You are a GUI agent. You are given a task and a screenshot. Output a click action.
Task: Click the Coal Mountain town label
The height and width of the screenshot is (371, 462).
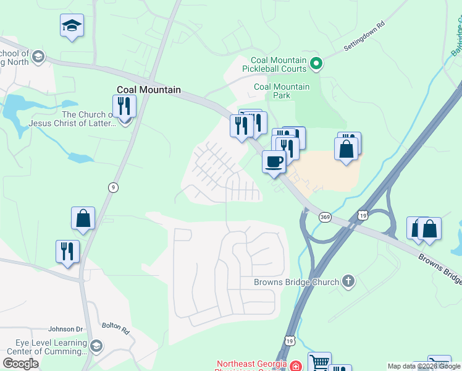tap(149, 90)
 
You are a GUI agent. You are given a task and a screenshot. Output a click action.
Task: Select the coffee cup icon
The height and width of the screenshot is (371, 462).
tap(274, 162)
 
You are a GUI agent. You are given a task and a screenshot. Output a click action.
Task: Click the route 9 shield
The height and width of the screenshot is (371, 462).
tap(112, 187)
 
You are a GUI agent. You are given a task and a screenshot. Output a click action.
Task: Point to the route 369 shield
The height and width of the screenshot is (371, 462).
tap(325, 216)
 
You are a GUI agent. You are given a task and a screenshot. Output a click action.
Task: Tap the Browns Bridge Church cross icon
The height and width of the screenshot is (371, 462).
tap(348, 282)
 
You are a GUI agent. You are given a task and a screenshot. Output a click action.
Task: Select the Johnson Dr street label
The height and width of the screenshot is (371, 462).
tap(65, 329)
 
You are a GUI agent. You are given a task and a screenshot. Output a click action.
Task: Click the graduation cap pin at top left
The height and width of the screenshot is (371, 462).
tap(72, 26)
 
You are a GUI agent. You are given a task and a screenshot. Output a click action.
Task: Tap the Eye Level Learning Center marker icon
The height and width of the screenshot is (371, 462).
tap(96, 346)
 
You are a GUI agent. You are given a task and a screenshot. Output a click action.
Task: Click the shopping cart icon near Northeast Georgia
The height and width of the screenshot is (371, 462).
tap(319, 362)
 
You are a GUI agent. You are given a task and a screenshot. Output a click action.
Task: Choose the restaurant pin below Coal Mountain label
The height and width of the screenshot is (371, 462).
tap(124, 106)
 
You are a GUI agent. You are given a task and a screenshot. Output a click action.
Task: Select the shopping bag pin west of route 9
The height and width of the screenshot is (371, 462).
tap(83, 218)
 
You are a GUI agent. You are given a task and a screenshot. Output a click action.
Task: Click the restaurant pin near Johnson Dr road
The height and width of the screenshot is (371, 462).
tap(67, 251)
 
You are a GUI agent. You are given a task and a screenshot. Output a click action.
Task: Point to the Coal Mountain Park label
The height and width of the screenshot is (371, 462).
tap(282, 91)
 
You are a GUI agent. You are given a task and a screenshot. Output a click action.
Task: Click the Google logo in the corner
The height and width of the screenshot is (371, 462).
tap(21, 363)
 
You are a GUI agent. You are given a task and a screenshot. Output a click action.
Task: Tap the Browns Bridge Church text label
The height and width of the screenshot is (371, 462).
tap(296, 283)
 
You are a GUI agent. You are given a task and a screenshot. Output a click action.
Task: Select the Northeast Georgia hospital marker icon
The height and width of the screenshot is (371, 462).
tap(295, 366)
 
